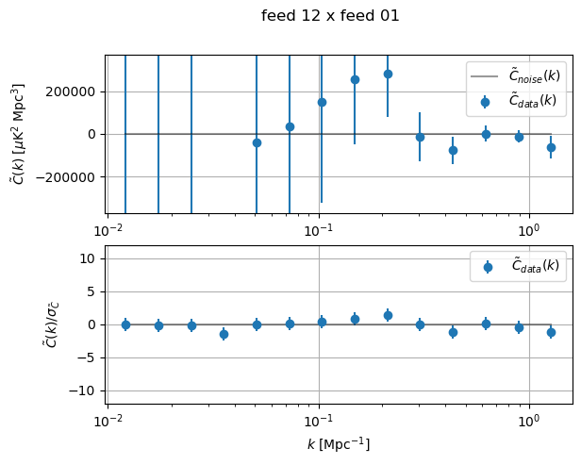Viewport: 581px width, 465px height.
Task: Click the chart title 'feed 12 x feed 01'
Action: click(330, 15)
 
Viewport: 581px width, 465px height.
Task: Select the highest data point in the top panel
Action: click(388, 74)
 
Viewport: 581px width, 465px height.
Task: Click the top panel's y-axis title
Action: click(19, 134)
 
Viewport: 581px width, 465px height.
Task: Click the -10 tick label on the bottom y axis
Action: click(86, 390)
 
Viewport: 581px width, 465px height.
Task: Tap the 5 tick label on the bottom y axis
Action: click(92, 291)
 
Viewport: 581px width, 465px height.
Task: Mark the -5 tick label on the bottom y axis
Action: click(89, 357)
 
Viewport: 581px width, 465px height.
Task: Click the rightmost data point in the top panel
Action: click(551, 147)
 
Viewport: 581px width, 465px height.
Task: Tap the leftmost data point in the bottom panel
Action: click(125, 324)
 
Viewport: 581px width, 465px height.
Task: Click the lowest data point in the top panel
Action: click(453, 150)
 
